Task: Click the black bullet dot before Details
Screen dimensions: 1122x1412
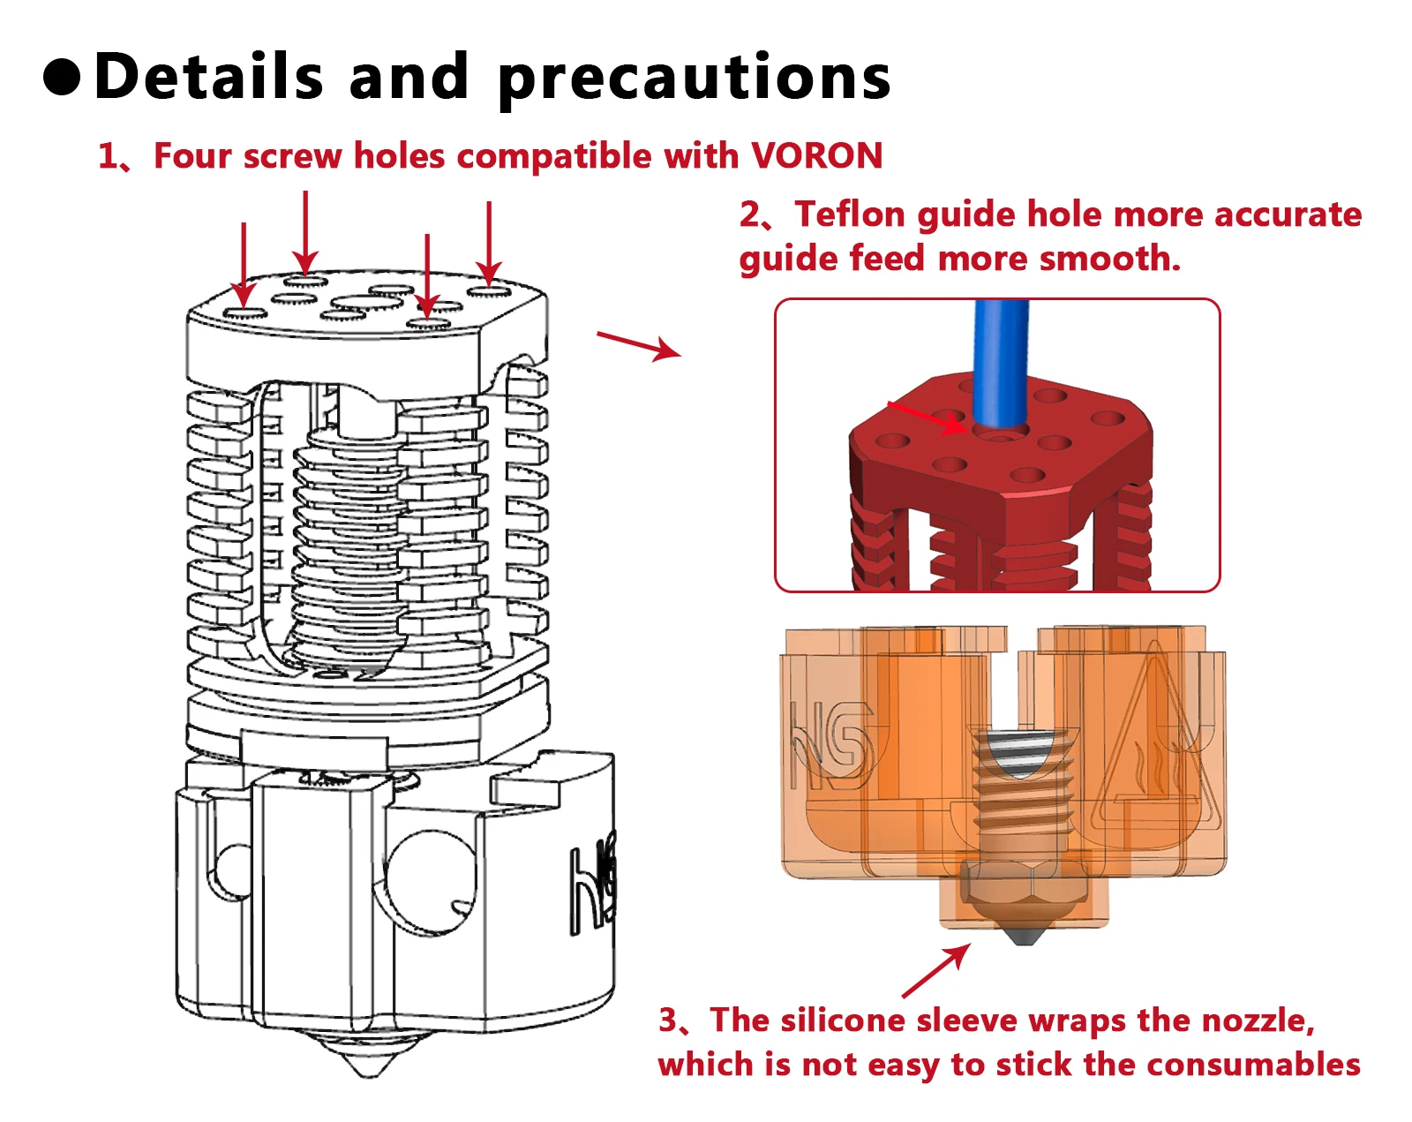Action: [x=63, y=77]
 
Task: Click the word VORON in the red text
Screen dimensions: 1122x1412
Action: [x=816, y=156]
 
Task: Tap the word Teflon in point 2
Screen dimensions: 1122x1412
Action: [x=850, y=215]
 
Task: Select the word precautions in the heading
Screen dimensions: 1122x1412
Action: [x=695, y=78]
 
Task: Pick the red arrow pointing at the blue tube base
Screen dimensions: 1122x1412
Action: [x=927, y=418]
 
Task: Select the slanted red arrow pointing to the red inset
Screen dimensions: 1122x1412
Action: [x=639, y=345]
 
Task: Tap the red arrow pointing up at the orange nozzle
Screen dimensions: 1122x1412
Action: [x=936, y=970]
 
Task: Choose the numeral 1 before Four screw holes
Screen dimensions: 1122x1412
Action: [x=108, y=156]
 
